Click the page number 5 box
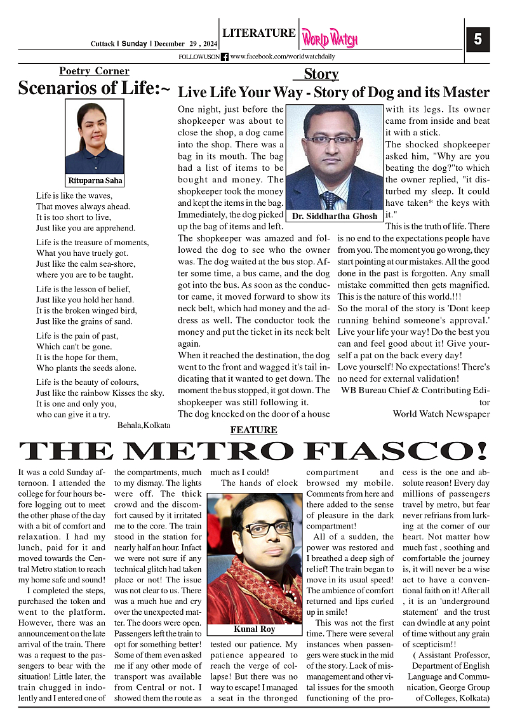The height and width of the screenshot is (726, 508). [478, 39]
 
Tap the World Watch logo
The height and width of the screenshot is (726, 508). [330, 39]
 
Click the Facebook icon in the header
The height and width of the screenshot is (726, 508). [225, 57]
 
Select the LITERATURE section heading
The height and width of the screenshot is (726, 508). [258, 33]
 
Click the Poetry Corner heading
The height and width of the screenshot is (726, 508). [94, 71]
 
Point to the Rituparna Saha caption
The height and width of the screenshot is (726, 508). [95, 180]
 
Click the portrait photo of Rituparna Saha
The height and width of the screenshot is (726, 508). [95, 137]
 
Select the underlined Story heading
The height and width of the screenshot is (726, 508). [321, 74]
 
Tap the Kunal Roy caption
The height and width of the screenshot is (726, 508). [254, 629]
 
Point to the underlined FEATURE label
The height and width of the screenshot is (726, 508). [253, 430]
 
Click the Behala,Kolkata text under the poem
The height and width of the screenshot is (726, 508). [144, 425]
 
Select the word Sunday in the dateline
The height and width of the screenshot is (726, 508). [134, 44]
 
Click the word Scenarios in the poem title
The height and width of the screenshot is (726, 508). [56, 88]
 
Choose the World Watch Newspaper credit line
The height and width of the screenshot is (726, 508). [441, 414]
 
